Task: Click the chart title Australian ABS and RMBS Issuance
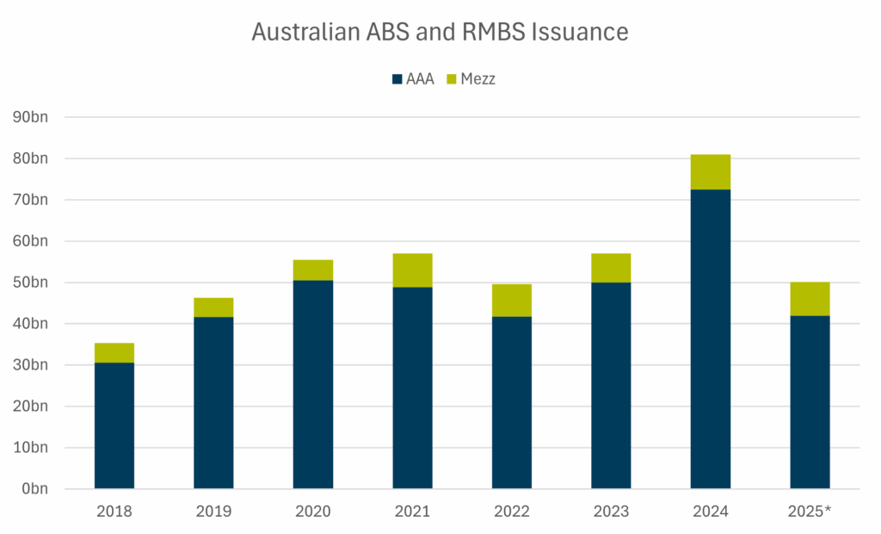click(x=440, y=32)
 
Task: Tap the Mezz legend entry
click(x=471, y=79)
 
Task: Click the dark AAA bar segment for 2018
click(x=114, y=425)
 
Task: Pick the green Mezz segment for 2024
click(x=711, y=171)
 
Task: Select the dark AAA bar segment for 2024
click(x=711, y=338)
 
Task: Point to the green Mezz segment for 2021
click(x=413, y=270)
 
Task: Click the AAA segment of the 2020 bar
click(x=313, y=384)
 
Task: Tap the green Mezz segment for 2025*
click(x=810, y=299)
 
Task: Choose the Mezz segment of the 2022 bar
click(x=512, y=300)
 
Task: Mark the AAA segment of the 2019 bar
click(x=213, y=402)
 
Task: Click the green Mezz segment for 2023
click(x=611, y=268)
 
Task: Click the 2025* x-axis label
click(x=810, y=512)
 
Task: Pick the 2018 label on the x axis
click(x=114, y=512)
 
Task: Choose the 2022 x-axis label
click(x=512, y=512)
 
